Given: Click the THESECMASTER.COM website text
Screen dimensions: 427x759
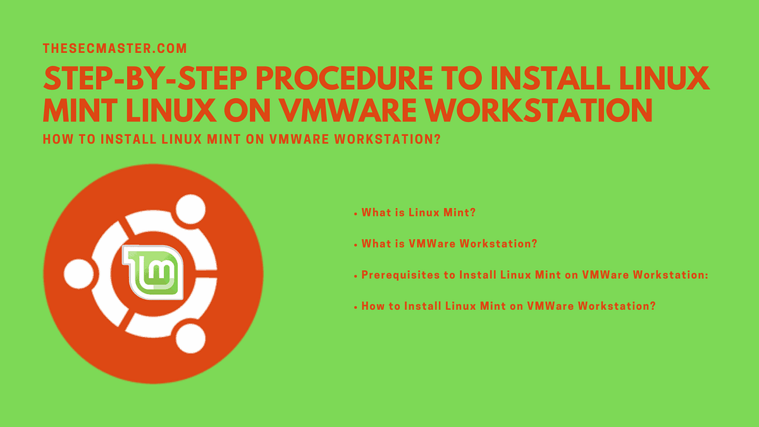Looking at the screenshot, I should click(x=114, y=48).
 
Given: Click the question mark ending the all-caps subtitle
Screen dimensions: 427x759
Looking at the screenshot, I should click(x=436, y=139).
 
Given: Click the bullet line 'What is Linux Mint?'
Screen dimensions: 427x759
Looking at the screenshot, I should click(x=417, y=213).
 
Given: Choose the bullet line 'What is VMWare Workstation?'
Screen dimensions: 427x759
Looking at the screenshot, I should click(x=449, y=244).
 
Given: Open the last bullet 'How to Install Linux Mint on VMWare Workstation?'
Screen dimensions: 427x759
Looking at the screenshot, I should click(x=508, y=306).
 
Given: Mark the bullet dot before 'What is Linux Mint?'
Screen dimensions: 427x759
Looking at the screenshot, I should click(x=355, y=214).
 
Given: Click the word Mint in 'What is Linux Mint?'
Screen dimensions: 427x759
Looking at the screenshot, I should click(x=462, y=213).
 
